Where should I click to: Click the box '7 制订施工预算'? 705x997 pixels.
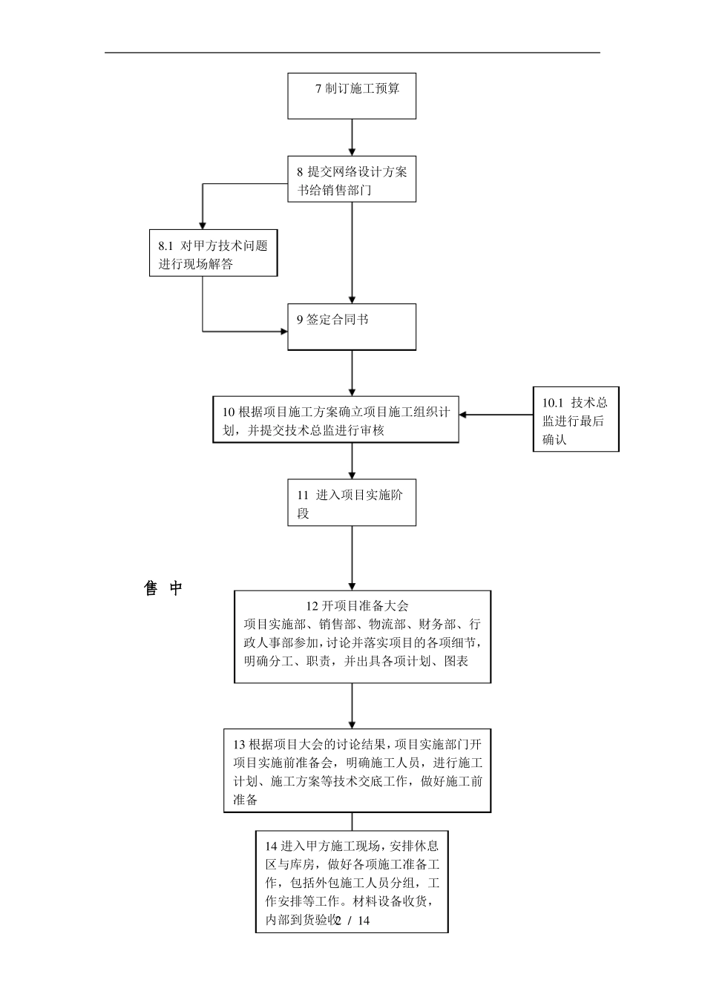[352, 96]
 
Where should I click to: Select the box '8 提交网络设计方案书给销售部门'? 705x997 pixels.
[352, 180]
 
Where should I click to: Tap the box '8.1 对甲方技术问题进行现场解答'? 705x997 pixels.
[213, 253]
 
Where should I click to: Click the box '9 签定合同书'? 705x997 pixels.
[352, 327]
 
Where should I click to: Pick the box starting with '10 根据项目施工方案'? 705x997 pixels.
[335, 420]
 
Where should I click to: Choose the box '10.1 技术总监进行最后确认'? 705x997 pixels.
[576, 419]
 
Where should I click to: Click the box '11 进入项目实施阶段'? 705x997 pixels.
[352, 503]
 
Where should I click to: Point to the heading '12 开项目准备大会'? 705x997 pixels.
[358, 605]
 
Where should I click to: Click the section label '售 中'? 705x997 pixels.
[163, 589]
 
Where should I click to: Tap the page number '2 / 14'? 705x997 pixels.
[352, 921]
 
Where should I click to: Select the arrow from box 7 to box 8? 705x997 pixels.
[352, 137]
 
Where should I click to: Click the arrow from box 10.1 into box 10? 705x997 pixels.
[496, 415]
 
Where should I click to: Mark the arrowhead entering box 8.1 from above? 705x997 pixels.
[203, 224]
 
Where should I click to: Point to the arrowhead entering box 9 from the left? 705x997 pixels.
[283, 331]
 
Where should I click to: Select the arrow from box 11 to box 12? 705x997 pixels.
[352, 558]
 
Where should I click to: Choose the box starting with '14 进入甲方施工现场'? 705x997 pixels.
[352, 881]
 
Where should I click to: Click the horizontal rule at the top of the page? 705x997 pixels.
[352, 53]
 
